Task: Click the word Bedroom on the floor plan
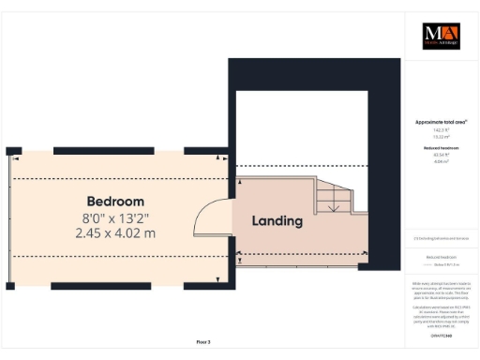pyautogui.click(x=115, y=202)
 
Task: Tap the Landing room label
pyautogui.click(x=277, y=221)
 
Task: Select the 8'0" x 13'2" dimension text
pyautogui.click(x=115, y=217)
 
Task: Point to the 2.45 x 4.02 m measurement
pyautogui.click(x=115, y=232)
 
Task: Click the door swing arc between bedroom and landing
pyautogui.click(x=208, y=217)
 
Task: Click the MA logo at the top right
pyautogui.click(x=441, y=36)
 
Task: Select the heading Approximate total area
pyautogui.click(x=440, y=123)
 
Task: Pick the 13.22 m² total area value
pyautogui.click(x=440, y=136)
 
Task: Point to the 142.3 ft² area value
pyautogui.click(x=440, y=130)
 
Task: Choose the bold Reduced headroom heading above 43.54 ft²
pyautogui.click(x=440, y=148)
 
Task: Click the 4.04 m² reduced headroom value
pyautogui.click(x=440, y=161)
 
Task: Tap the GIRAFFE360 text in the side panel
pyautogui.click(x=440, y=335)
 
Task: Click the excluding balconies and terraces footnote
pyautogui.click(x=440, y=239)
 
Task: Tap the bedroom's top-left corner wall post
pyautogui.click(x=12, y=150)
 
